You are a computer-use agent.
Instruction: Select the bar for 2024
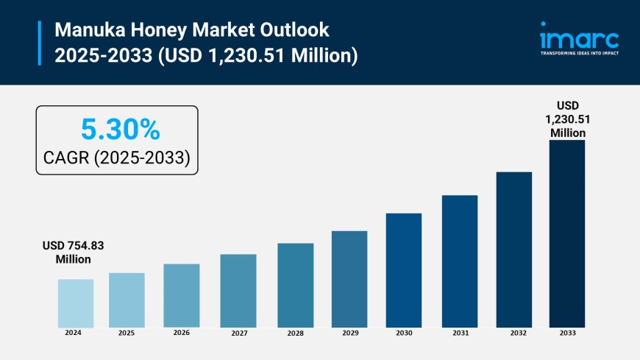click(x=76, y=303)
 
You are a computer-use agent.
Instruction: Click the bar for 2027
click(x=238, y=291)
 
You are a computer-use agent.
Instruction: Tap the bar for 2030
click(x=404, y=270)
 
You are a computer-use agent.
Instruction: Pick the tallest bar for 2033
click(x=567, y=233)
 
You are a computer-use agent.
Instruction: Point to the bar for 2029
click(x=349, y=279)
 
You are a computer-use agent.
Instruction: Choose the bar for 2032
click(x=514, y=250)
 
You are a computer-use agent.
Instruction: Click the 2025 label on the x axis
click(x=127, y=333)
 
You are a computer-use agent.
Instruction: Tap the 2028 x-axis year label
click(x=295, y=333)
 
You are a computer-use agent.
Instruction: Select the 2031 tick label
click(x=460, y=333)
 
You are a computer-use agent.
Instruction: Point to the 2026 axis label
click(x=181, y=333)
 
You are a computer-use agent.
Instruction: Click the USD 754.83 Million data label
click(x=73, y=253)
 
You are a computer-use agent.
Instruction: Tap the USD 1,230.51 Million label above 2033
click(x=568, y=119)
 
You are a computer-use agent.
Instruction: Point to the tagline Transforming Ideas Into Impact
click(x=579, y=54)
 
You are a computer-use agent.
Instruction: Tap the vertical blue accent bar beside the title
click(x=39, y=43)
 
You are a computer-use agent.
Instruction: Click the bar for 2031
click(x=460, y=261)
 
